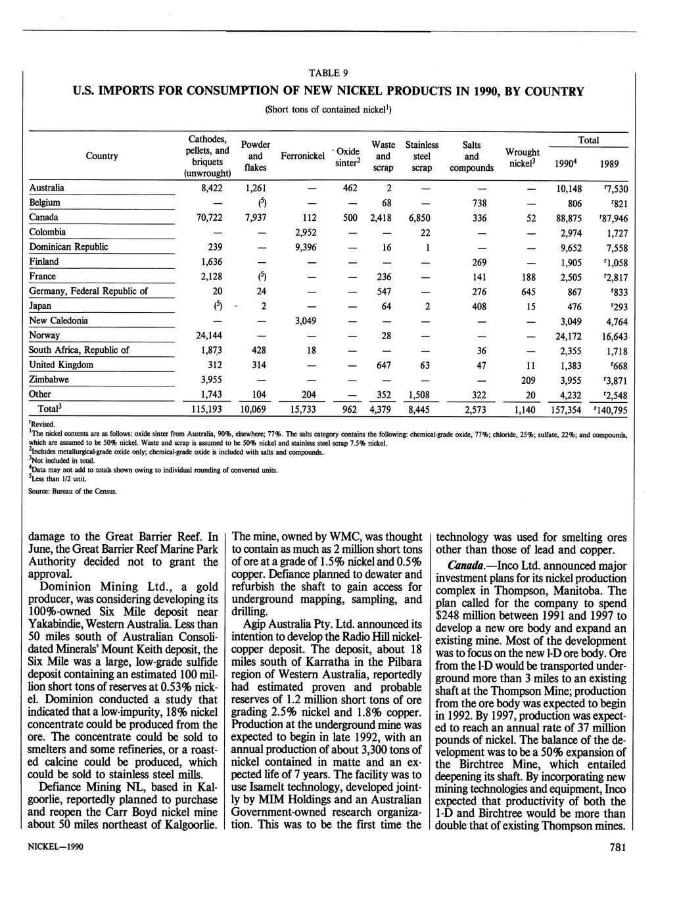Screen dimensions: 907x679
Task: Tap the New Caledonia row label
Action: [x=59, y=321]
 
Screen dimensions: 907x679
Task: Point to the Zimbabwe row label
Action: [x=49, y=380]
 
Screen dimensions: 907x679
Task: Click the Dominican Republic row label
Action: [x=68, y=247]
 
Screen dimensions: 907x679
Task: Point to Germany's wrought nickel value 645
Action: [x=528, y=291]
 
